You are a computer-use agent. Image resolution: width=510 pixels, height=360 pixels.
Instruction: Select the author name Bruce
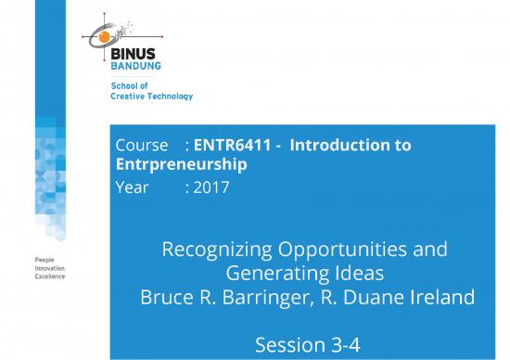click(167, 298)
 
